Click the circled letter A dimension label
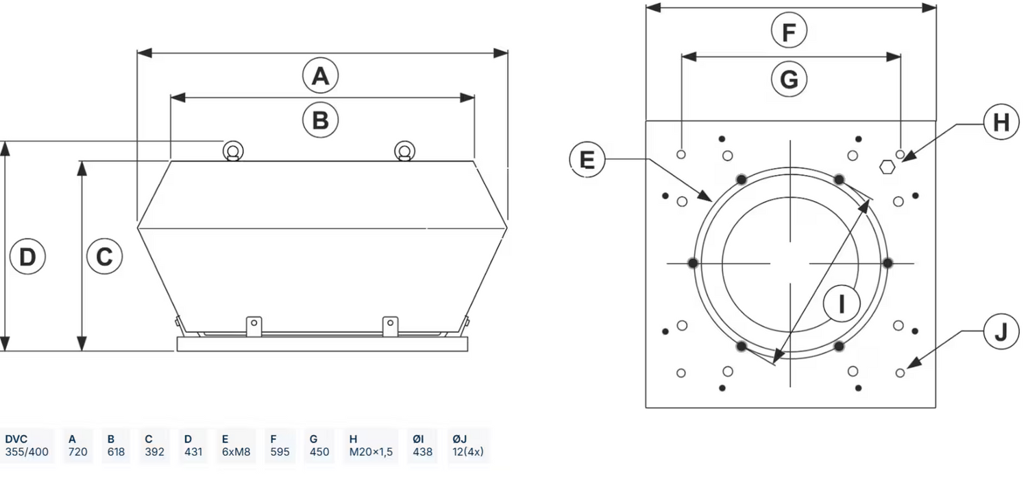(321, 75)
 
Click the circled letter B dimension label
(321, 120)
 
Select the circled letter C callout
(104, 257)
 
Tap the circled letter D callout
(27, 257)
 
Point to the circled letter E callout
(587, 159)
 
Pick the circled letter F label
(789, 32)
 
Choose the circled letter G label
(789, 80)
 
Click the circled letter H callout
(1001, 123)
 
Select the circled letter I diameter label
(842, 303)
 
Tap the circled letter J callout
(1001, 332)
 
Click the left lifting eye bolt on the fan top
(234, 151)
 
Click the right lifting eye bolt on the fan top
(404, 151)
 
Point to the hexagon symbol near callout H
(887, 166)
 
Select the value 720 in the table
(77, 452)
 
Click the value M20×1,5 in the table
(371, 452)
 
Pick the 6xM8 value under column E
(236, 452)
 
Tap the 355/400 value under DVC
(27, 452)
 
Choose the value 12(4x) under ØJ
(468, 452)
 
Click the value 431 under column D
(193, 452)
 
